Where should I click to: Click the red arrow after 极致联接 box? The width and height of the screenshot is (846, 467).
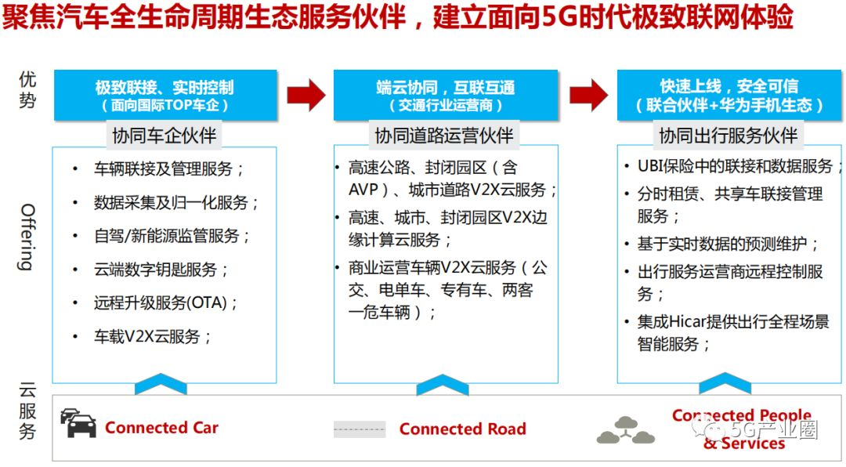tap(305, 96)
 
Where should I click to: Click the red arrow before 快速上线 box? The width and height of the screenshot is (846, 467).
tap(587, 96)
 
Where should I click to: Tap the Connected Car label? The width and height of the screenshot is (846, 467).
tap(161, 428)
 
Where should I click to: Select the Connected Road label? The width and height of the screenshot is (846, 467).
tap(462, 429)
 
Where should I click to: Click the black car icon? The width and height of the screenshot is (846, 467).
tap(78, 423)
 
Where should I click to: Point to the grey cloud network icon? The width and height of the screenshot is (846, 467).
tap(625, 429)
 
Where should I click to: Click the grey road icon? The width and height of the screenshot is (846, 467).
tap(360, 429)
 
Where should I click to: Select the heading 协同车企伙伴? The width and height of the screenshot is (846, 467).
tap(164, 136)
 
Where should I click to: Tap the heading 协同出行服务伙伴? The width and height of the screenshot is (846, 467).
tap(728, 136)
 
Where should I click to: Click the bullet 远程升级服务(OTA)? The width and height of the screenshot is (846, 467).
tap(166, 303)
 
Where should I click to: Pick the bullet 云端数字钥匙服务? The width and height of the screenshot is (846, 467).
tap(161, 270)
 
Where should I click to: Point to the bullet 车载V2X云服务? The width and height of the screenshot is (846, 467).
tap(153, 337)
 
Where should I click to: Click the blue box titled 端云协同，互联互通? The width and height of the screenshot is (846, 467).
tap(446, 96)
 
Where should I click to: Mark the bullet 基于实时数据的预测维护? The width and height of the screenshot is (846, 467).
tap(728, 244)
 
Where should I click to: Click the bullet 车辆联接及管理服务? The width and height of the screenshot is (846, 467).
tap(169, 168)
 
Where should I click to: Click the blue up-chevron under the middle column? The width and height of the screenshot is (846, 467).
tap(443, 386)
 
